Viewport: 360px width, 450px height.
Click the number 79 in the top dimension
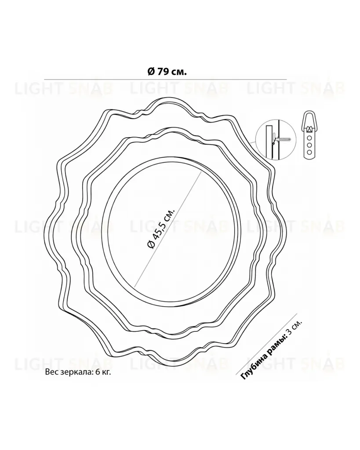(x=162, y=72)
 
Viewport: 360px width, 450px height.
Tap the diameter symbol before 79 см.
(x=151, y=72)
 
